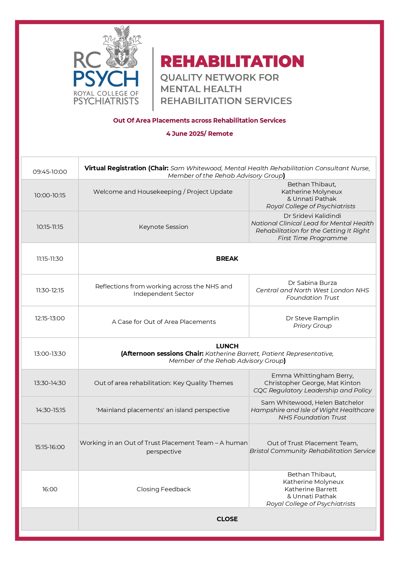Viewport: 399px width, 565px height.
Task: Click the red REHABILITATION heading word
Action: point(232,61)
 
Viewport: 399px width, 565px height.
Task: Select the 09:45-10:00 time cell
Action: point(50,172)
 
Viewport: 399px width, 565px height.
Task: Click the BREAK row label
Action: point(227,259)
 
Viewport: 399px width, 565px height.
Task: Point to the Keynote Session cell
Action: point(163,227)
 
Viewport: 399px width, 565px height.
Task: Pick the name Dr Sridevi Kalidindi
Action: point(312,216)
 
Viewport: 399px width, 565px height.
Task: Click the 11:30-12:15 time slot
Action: point(50,290)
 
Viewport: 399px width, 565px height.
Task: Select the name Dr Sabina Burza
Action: point(312,283)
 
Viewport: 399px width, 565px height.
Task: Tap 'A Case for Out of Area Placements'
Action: point(163,322)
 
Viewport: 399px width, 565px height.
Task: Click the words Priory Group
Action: point(312,325)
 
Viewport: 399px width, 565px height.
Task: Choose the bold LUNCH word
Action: point(227,346)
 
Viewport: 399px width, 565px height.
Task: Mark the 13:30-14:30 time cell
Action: point(50,383)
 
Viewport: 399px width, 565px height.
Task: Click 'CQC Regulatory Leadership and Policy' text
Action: point(312,390)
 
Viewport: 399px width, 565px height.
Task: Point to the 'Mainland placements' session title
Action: point(163,410)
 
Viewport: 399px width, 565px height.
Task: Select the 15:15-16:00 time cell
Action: point(50,447)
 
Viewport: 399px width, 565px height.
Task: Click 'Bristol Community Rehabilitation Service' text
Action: point(312,451)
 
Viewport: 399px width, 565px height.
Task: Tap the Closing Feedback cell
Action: point(163,489)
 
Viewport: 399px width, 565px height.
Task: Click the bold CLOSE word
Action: point(227,519)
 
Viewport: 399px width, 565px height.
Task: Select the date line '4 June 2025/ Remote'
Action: point(199,134)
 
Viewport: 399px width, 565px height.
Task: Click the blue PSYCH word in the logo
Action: point(106,79)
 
